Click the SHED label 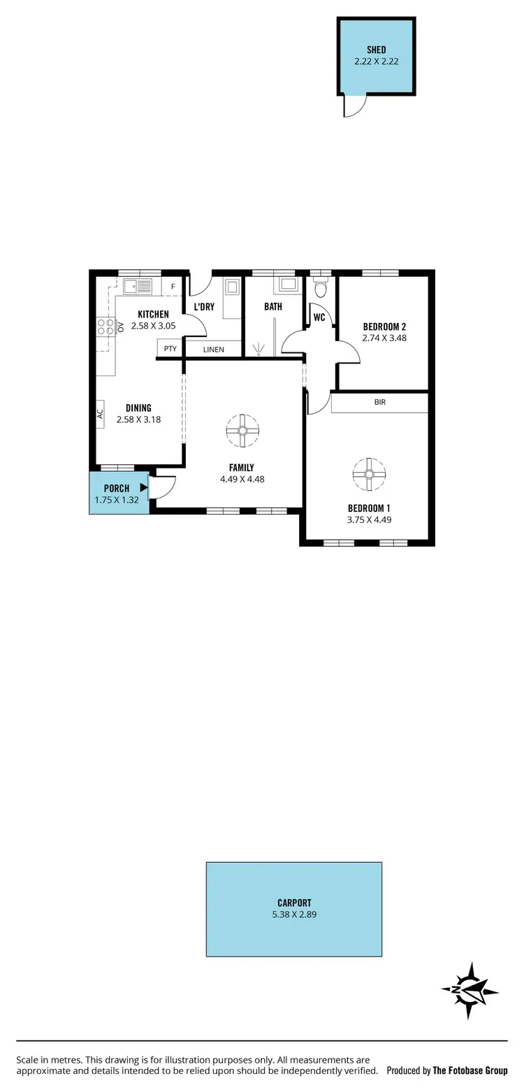click(x=377, y=50)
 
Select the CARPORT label click(x=293, y=903)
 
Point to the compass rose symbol click(x=470, y=991)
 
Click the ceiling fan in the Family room click(x=242, y=430)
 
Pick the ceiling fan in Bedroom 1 click(x=369, y=474)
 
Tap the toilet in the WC click(x=321, y=288)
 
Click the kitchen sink click(x=138, y=287)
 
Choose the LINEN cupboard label click(x=214, y=349)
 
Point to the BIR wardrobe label click(x=380, y=403)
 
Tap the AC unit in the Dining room click(x=100, y=413)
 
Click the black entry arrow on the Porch click(x=144, y=487)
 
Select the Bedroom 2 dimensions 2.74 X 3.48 click(x=384, y=338)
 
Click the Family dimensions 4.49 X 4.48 click(x=242, y=480)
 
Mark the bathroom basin click(x=287, y=284)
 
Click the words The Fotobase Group click(x=470, y=1070)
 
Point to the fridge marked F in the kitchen click(x=173, y=287)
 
